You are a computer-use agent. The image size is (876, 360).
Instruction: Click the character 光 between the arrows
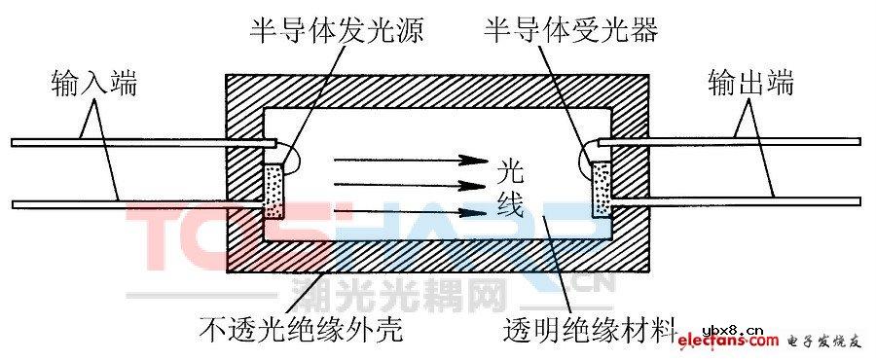[510, 173]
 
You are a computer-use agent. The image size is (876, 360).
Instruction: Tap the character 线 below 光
[510, 205]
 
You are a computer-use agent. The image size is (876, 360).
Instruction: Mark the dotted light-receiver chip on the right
[599, 191]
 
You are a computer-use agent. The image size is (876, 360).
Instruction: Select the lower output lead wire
[740, 201]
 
